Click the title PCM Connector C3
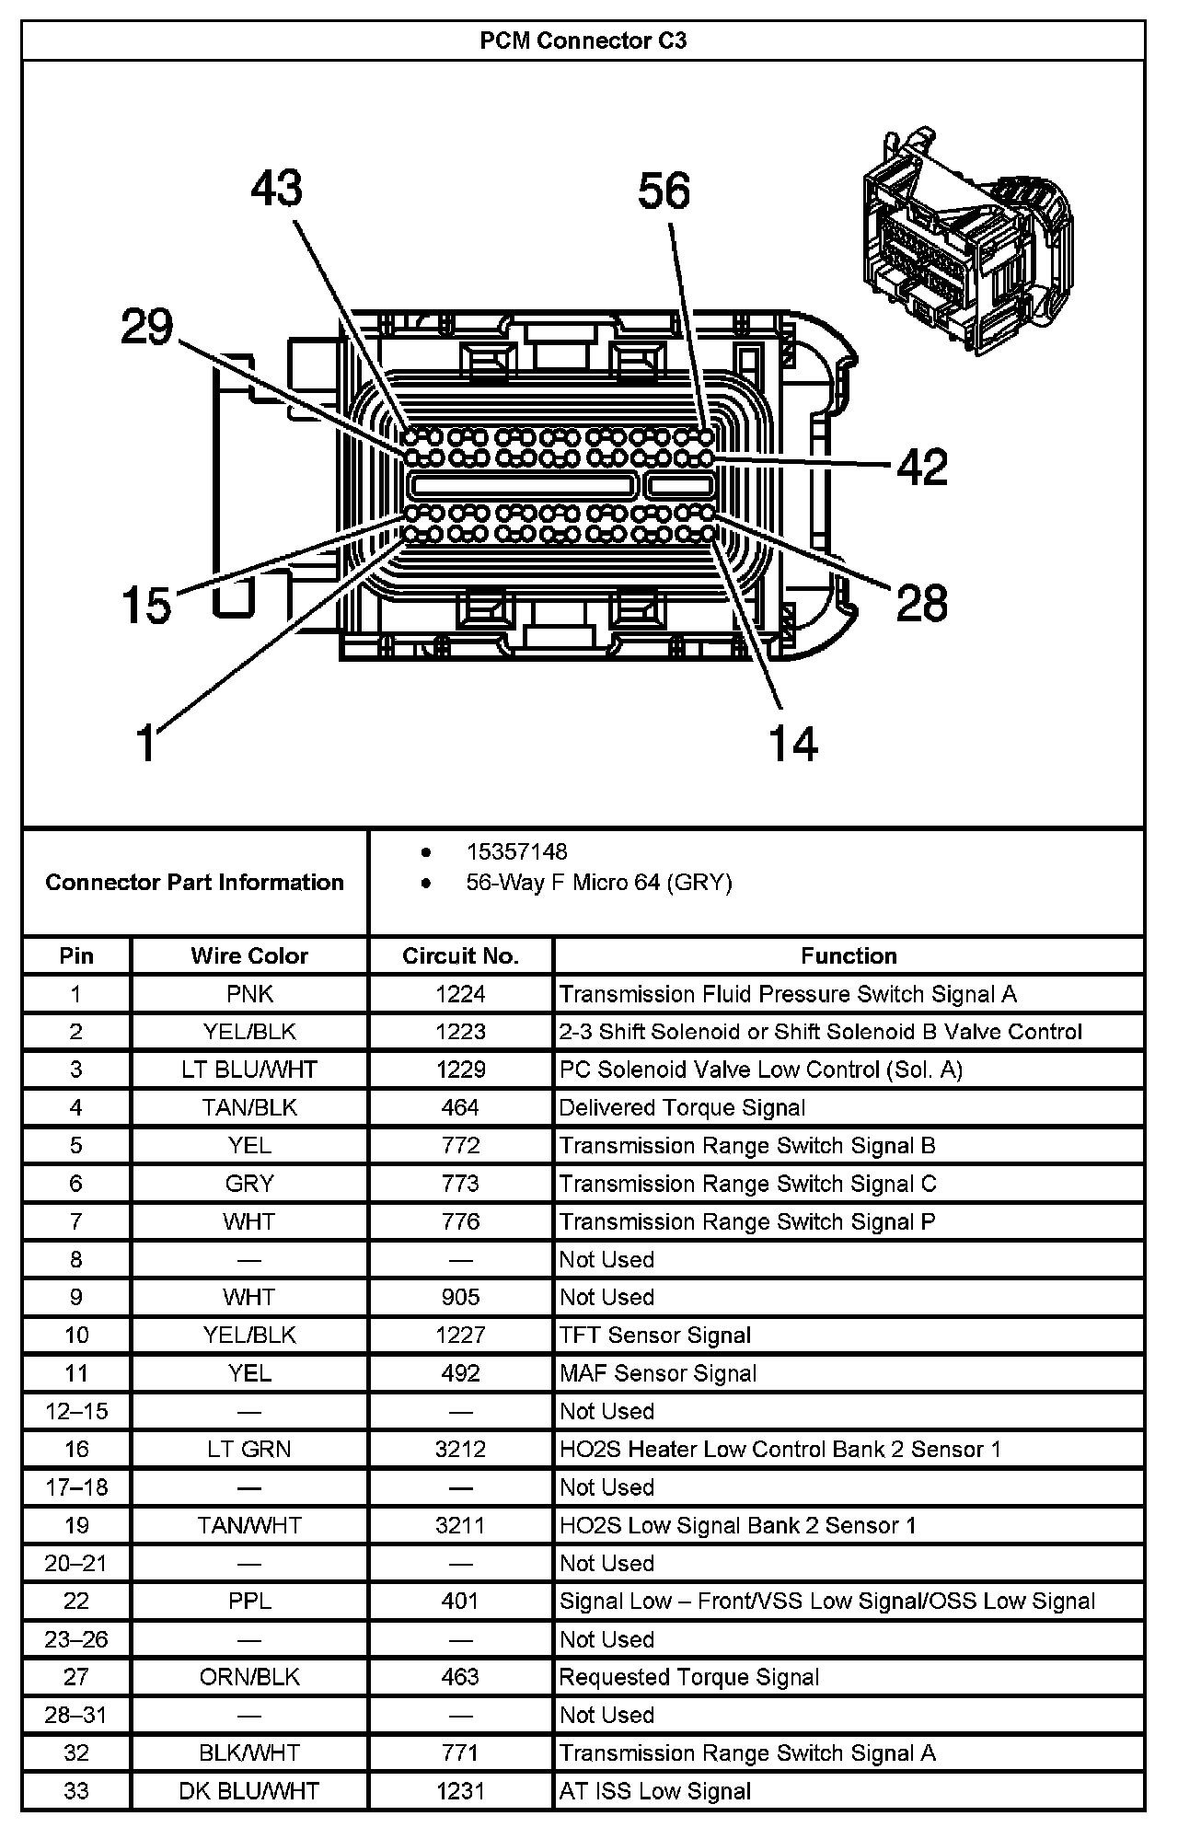(583, 41)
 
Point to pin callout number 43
(276, 188)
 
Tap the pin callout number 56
(664, 191)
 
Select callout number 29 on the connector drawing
(147, 327)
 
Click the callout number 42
(922, 468)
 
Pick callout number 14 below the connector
(793, 743)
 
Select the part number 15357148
(516, 851)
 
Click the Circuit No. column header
(460, 955)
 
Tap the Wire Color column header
(249, 955)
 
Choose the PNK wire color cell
(249, 994)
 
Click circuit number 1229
(460, 1070)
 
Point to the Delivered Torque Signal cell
(682, 1108)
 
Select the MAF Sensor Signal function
(658, 1373)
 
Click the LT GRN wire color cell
(249, 1450)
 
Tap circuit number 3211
(460, 1525)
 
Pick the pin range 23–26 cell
(76, 1639)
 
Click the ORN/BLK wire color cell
(249, 1677)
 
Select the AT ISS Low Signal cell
(655, 1791)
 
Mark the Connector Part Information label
(194, 882)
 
